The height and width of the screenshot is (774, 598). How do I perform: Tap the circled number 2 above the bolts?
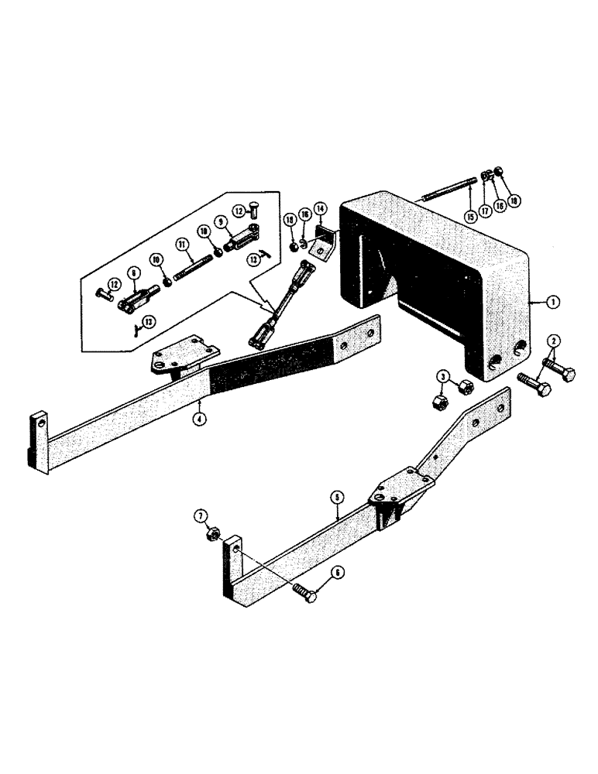553,341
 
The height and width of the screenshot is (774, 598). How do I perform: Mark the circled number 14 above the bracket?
321,209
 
